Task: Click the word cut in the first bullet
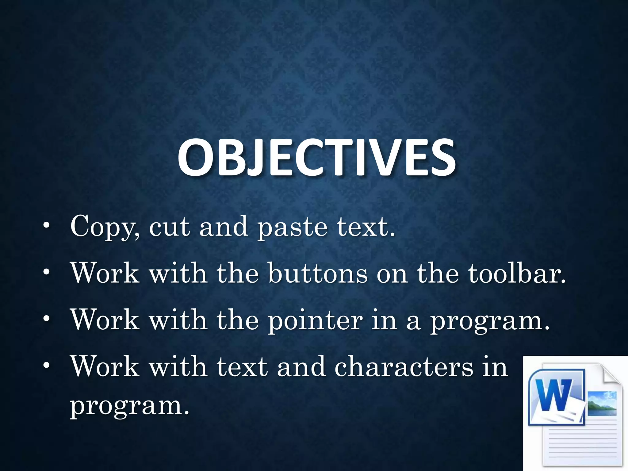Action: point(170,228)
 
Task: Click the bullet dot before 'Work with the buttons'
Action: point(46,272)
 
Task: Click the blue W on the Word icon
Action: point(555,395)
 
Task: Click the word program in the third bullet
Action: point(489,321)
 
